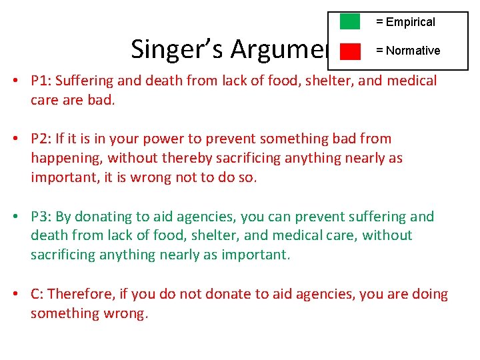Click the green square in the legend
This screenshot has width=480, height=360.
pyautogui.click(x=350, y=21)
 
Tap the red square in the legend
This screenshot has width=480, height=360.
pyautogui.click(x=350, y=51)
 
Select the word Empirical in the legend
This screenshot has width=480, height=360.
pyautogui.click(x=410, y=22)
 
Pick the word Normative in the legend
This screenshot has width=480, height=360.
pyautogui.click(x=413, y=51)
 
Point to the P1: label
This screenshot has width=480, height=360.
pyautogui.click(x=41, y=81)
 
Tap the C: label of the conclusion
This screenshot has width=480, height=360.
pyautogui.click(x=37, y=294)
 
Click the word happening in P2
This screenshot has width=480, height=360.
pyautogui.click(x=66, y=158)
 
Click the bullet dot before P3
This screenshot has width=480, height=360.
pyautogui.click(x=15, y=217)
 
